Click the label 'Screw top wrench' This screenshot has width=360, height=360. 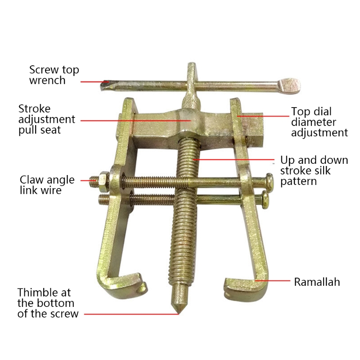(x=54, y=75)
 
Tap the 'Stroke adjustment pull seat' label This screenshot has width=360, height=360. (x=47, y=119)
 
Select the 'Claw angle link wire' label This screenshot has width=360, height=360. (x=47, y=185)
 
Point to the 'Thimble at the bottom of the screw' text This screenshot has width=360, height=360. (x=48, y=303)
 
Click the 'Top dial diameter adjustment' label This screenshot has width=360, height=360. (x=319, y=122)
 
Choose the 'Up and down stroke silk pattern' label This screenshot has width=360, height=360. (x=314, y=171)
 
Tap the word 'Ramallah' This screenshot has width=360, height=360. (x=317, y=282)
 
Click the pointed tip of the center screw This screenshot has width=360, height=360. (x=178, y=312)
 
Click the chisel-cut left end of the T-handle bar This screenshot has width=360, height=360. (x=105, y=85)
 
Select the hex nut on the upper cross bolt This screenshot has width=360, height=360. (x=104, y=181)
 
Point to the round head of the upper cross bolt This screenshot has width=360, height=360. (x=269, y=182)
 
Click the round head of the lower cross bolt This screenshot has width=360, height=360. (x=265, y=200)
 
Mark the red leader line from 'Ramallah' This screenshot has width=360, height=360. (x=273, y=280)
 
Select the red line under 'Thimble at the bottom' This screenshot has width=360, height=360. (x=131, y=314)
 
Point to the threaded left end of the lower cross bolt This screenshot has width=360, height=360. (x=104, y=199)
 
